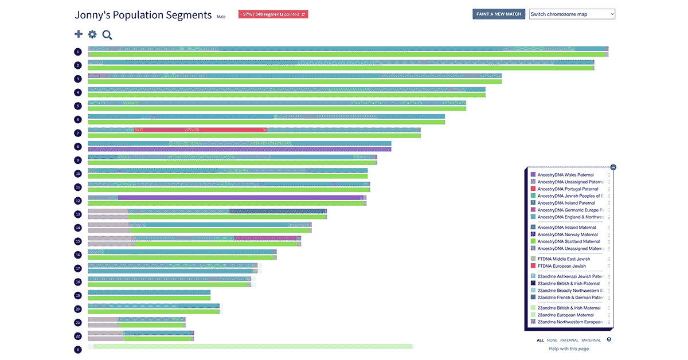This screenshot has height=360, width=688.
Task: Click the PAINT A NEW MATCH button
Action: pos(499,14)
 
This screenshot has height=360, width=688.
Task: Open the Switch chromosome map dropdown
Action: pos(572,14)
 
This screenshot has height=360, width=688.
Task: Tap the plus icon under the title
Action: pos(79,34)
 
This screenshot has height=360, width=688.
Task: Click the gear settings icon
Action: pos(92,34)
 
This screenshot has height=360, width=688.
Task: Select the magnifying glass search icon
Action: pos(107,35)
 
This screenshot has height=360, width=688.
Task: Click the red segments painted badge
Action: pos(269,14)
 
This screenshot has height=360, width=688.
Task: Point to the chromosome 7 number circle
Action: pos(78,133)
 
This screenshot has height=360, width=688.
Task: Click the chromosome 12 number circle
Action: pos(78,201)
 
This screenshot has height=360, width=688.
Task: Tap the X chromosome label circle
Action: pos(78,349)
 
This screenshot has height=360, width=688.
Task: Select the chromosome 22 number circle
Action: pos(78,336)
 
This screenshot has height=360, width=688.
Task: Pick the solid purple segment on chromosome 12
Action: pos(241,198)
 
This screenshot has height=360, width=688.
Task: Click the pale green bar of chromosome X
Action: pos(252,346)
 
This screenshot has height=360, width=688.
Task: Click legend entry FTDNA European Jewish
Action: pos(561,266)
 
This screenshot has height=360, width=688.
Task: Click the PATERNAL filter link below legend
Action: pos(569,340)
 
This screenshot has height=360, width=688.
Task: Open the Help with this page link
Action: pos(569,349)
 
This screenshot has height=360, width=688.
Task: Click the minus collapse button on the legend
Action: pos(613,167)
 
